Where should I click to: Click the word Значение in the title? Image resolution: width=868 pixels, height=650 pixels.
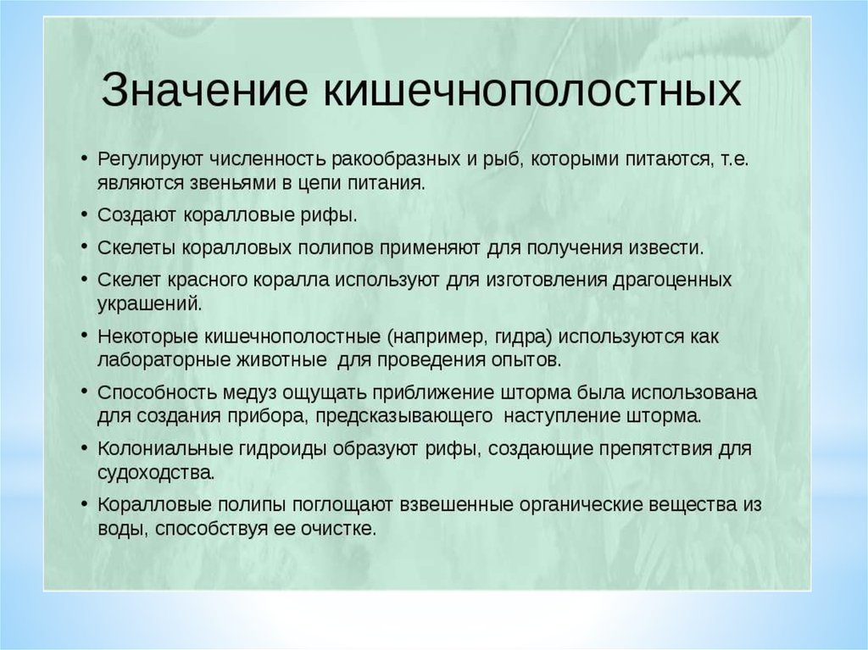pos(203,89)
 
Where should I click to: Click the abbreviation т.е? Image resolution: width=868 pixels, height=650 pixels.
pos(735,159)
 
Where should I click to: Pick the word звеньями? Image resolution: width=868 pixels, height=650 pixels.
pos(235,183)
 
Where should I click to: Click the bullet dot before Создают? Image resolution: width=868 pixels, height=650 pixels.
pos(84,214)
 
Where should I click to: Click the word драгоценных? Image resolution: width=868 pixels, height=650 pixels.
pos(672,280)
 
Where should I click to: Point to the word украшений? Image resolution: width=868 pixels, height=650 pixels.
pos(149,304)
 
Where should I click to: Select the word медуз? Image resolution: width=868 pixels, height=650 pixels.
pos(250,392)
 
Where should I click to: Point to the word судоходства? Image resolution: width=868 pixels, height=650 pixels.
pos(156,473)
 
